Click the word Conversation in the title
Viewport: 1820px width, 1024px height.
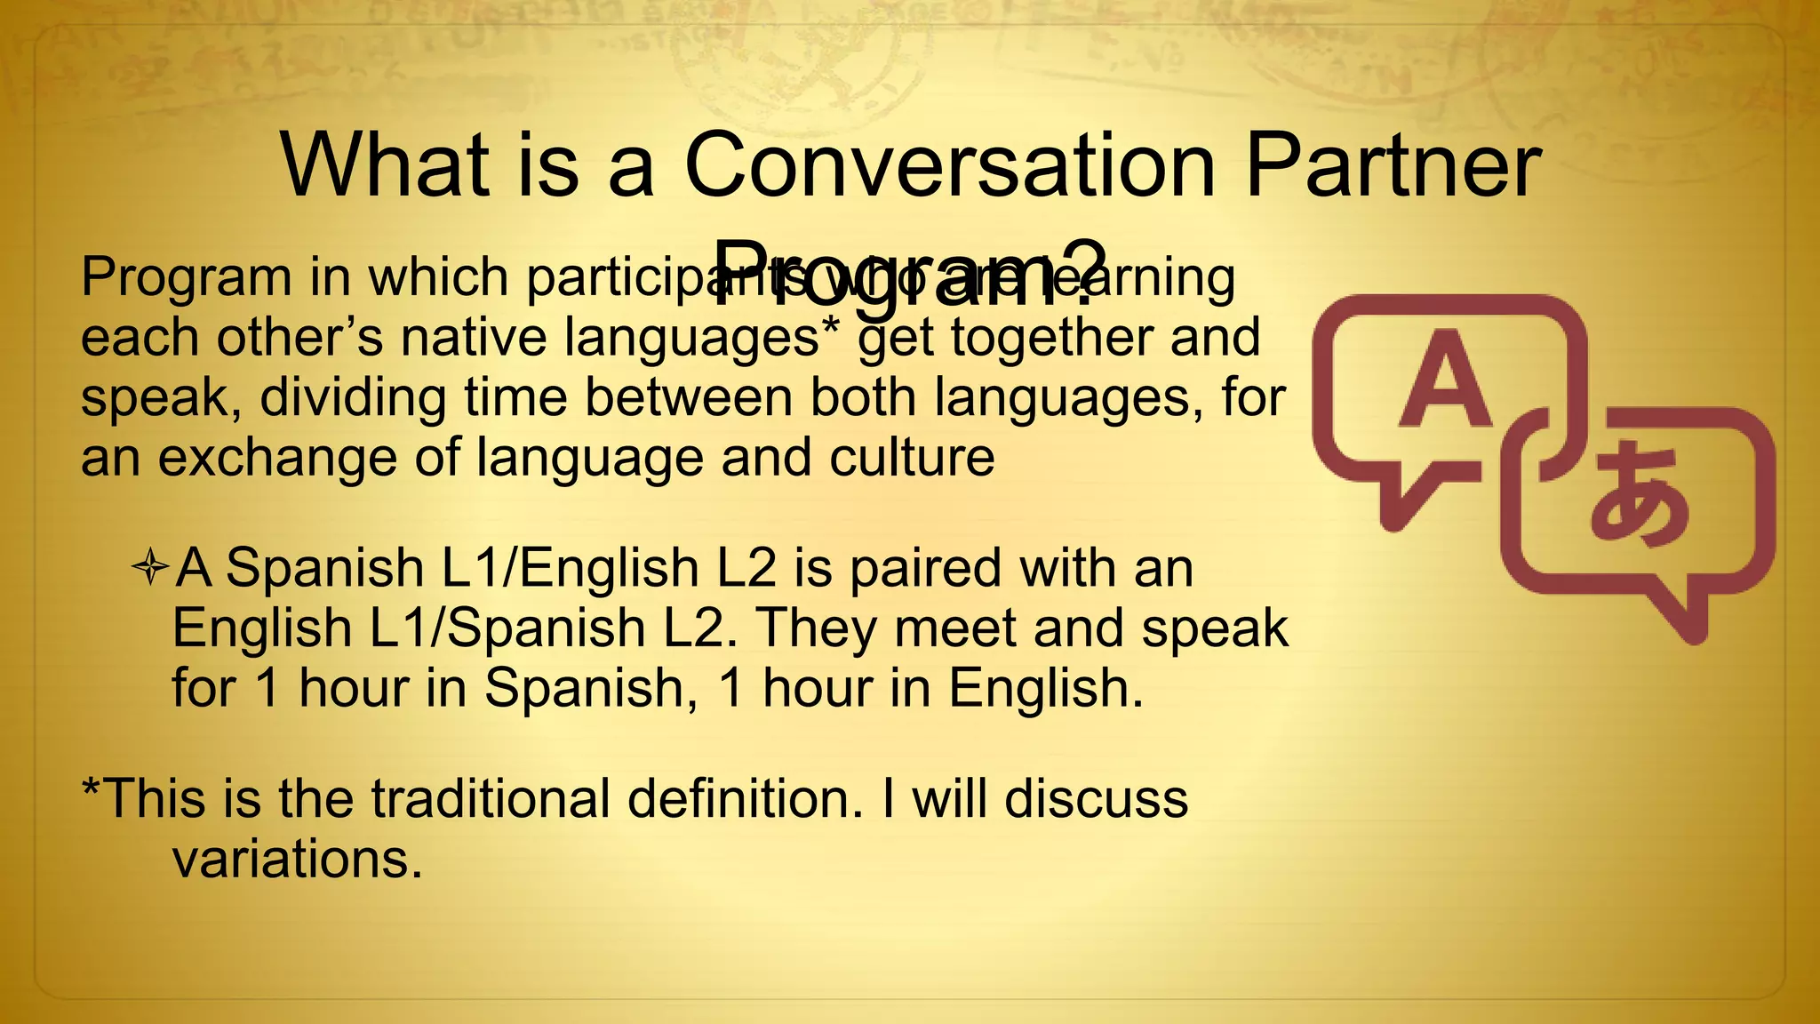point(948,166)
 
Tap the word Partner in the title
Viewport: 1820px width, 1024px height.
point(1393,166)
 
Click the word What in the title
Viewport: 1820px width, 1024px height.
point(385,166)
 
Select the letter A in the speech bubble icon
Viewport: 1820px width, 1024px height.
point(1445,380)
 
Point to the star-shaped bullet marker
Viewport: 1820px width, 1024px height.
point(150,567)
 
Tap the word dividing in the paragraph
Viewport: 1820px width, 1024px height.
point(353,397)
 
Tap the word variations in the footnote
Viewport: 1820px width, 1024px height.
point(297,859)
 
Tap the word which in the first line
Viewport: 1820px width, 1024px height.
point(438,277)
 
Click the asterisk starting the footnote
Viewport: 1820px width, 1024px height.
point(90,786)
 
